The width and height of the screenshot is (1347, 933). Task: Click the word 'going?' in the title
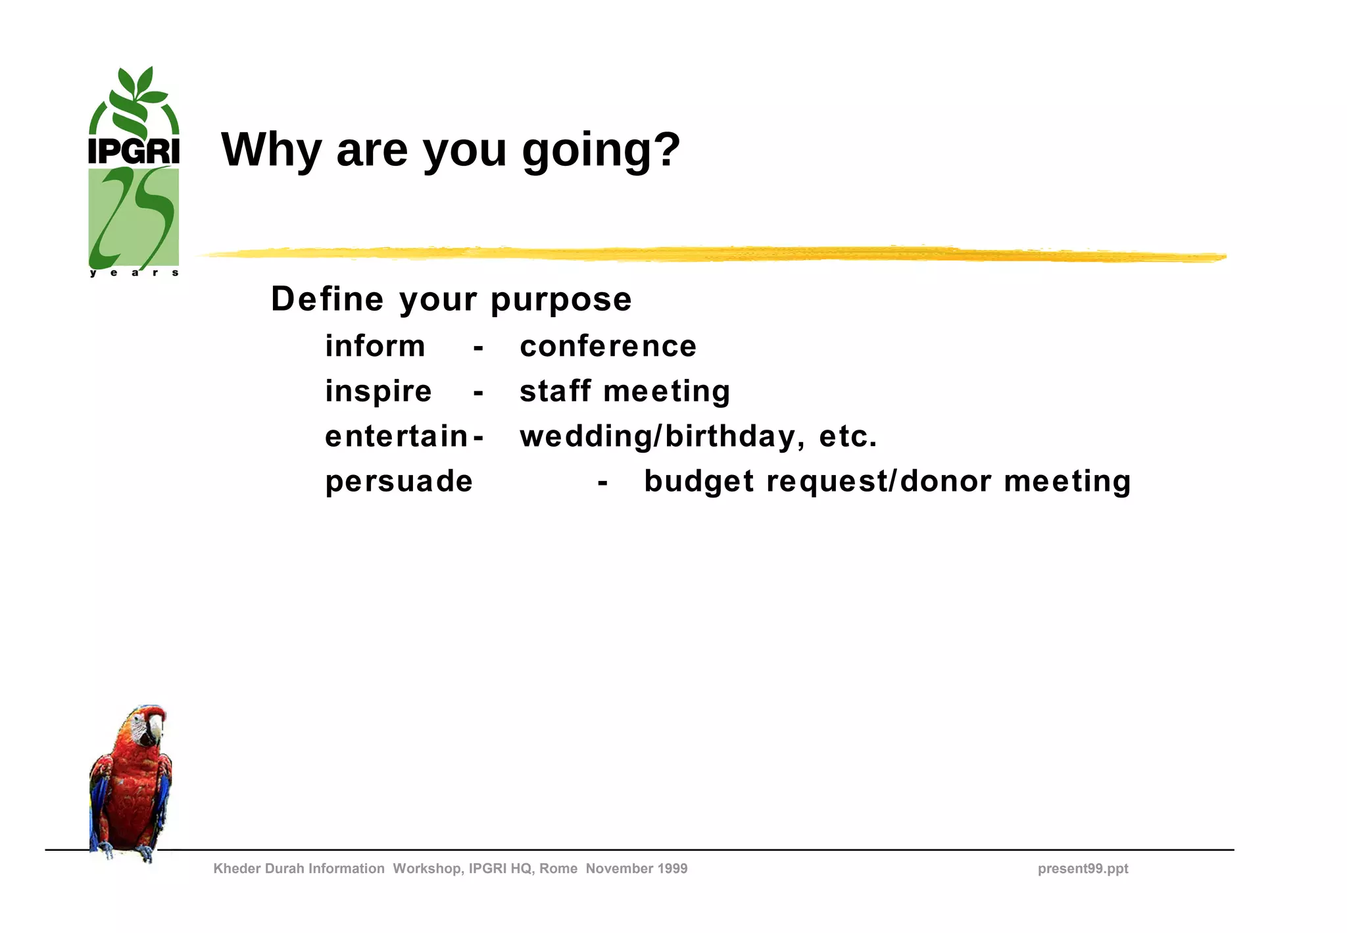click(x=600, y=151)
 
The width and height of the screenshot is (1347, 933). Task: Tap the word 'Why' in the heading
click(x=271, y=151)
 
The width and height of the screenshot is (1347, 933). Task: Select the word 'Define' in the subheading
click(x=327, y=299)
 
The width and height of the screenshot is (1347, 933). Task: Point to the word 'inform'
click(x=375, y=346)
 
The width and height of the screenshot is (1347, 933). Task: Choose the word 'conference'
click(x=608, y=347)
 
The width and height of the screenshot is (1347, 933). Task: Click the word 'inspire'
click(x=378, y=392)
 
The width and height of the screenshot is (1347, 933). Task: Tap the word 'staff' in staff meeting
click(x=555, y=391)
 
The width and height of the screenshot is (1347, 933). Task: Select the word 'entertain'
click(x=396, y=436)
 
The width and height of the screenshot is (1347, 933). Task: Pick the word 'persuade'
click(x=399, y=482)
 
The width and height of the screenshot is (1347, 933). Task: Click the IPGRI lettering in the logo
click(x=134, y=151)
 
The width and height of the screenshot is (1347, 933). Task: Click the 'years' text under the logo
click(x=134, y=272)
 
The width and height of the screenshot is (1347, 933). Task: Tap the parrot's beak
click(x=156, y=729)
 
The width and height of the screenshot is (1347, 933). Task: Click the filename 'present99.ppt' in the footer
click(x=1083, y=869)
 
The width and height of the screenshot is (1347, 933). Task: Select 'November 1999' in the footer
click(x=636, y=869)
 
